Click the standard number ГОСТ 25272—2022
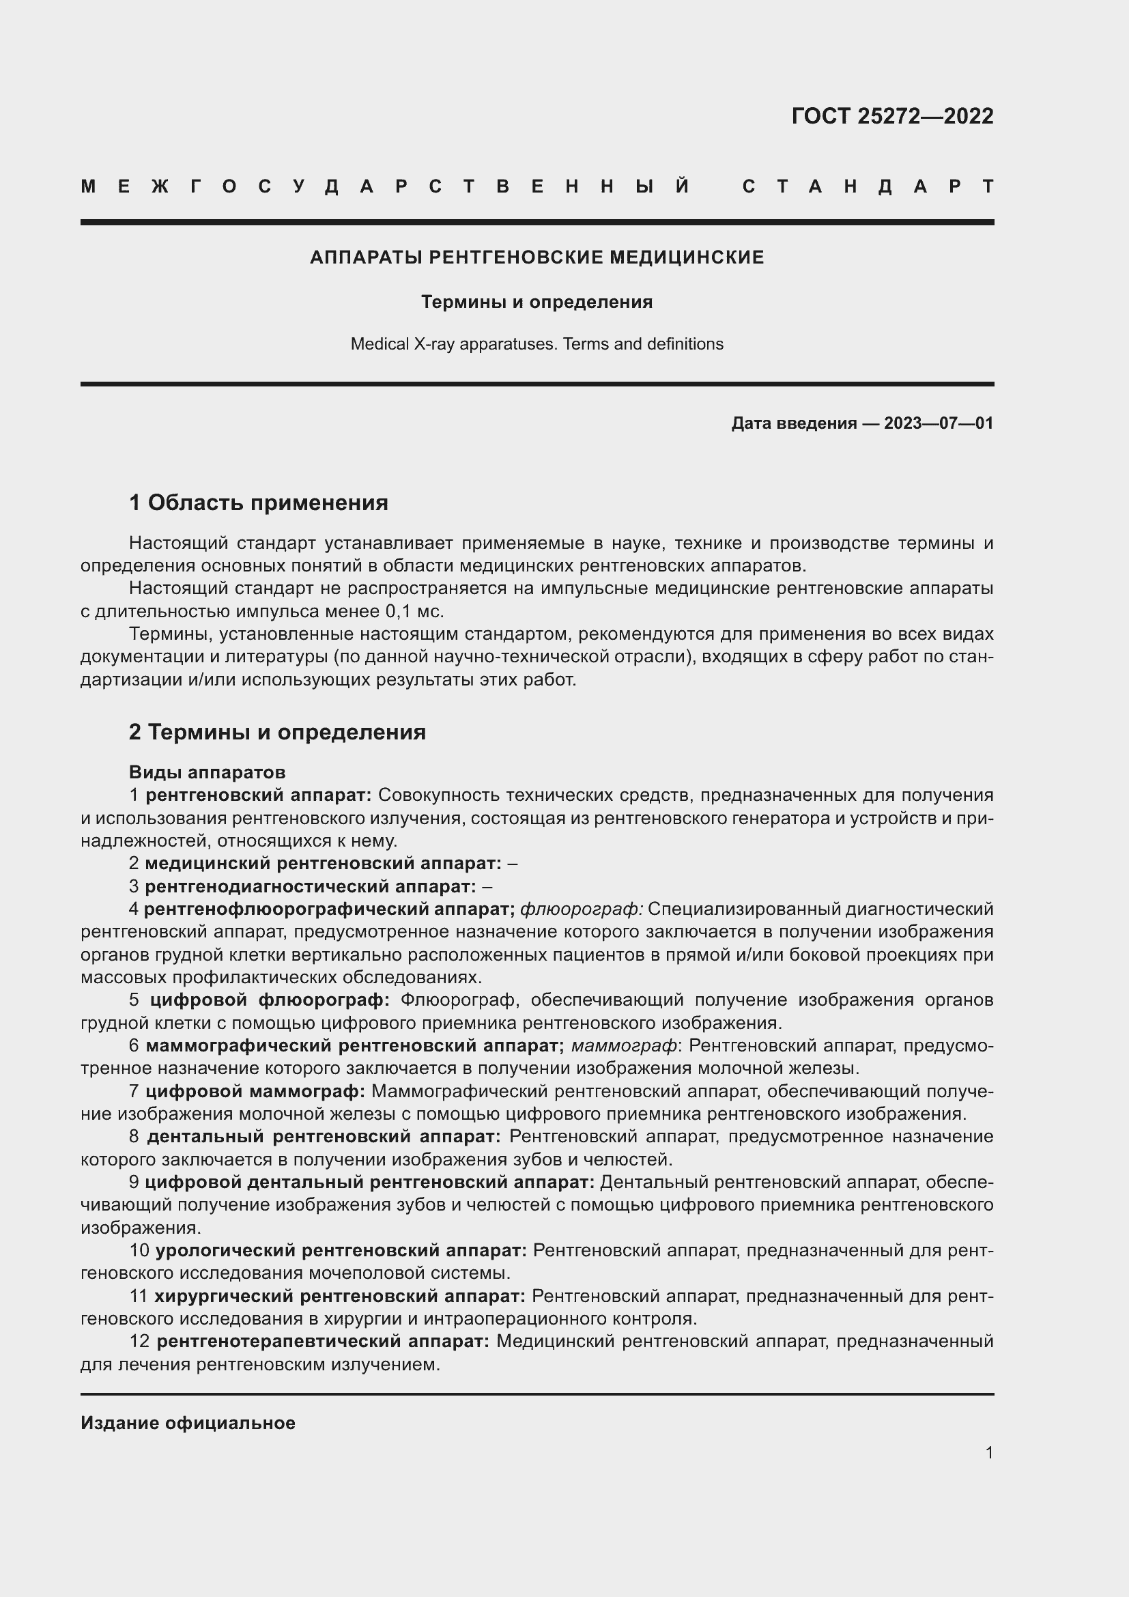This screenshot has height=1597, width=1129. tap(892, 116)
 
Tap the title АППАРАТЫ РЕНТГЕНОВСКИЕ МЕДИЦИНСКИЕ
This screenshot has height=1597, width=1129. tap(537, 258)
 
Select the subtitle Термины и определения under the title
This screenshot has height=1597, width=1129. tap(537, 302)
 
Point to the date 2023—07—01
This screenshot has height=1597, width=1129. tap(939, 423)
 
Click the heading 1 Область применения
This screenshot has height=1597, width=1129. tap(259, 503)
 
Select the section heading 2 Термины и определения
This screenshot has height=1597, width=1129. tap(277, 733)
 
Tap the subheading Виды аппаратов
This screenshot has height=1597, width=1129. tap(208, 772)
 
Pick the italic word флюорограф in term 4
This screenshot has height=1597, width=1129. tap(582, 909)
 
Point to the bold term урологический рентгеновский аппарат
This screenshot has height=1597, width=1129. tap(341, 1251)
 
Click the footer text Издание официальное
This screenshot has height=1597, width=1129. tap(188, 1423)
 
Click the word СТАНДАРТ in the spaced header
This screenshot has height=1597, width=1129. tap(868, 187)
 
